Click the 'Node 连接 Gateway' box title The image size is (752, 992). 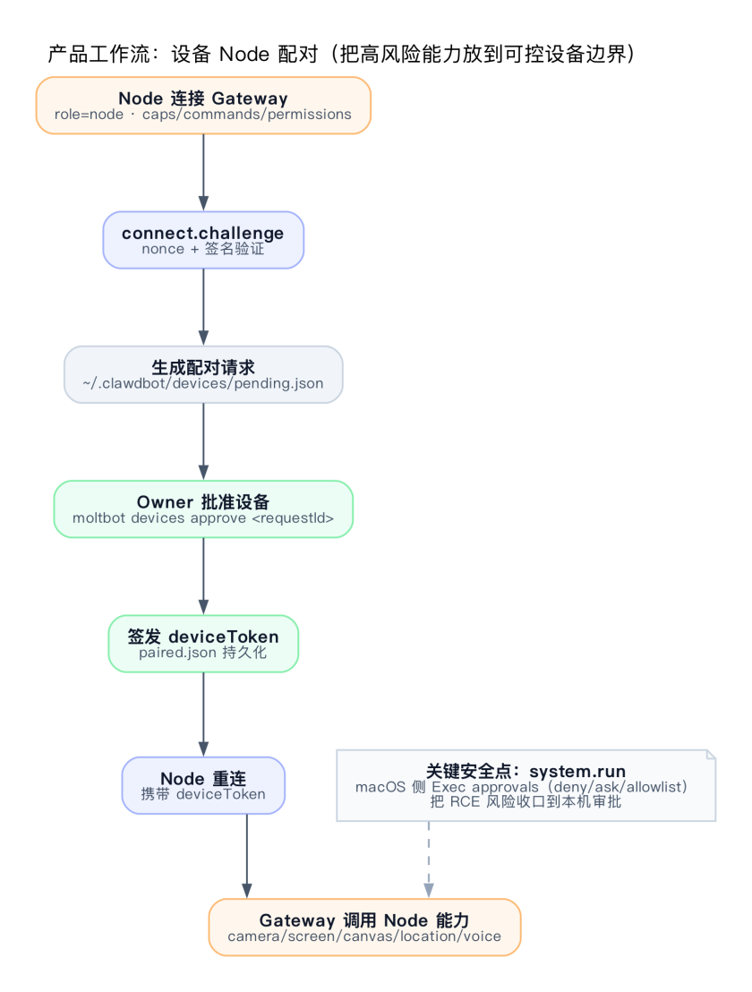click(x=203, y=98)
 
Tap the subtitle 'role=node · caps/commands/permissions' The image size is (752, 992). click(x=203, y=115)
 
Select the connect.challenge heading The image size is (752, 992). click(x=203, y=233)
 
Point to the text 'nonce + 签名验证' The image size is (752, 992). click(x=203, y=249)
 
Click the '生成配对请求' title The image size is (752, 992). click(x=203, y=367)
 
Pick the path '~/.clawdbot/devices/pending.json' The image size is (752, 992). click(x=203, y=383)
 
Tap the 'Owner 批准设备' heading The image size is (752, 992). click(x=203, y=501)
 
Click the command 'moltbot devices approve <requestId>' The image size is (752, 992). click(x=203, y=517)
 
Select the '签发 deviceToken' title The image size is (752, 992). click(x=203, y=637)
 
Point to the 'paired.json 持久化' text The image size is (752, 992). click(x=203, y=653)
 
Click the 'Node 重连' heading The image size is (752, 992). click(x=203, y=778)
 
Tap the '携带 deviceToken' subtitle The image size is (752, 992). click(x=203, y=793)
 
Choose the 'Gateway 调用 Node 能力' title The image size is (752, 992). click(x=364, y=920)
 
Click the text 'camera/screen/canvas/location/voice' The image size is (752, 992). click(x=364, y=936)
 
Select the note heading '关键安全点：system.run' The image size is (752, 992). click(x=526, y=771)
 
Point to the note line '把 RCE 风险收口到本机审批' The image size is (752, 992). click(x=526, y=802)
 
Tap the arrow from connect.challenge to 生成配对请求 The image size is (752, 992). click(x=203, y=306)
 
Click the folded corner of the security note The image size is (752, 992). click(x=711, y=755)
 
